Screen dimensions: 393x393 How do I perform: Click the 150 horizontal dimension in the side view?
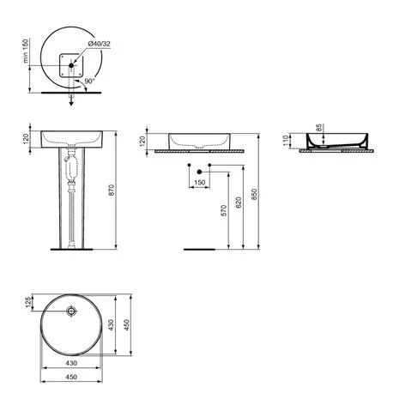pyautogui.click(x=198, y=183)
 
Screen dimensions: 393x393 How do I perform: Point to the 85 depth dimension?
pyautogui.click(x=319, y=130)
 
